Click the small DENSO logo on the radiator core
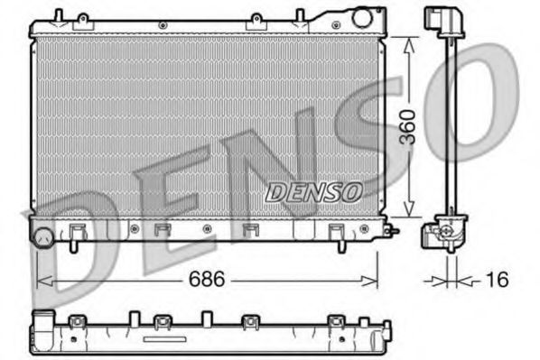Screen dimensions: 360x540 (313, 192)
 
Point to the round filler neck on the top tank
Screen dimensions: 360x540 (362, 17)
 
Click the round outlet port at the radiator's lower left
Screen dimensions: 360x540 (42, 238)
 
